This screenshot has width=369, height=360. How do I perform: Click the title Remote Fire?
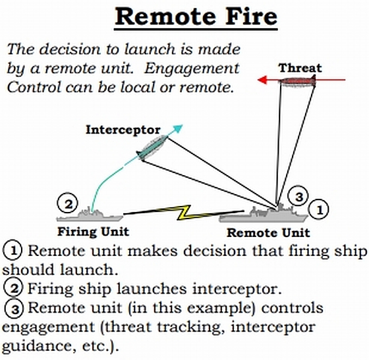tap(196, 16)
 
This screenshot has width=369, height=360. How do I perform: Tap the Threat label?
tap(300, 68)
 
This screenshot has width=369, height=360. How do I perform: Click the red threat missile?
tap(298, 82)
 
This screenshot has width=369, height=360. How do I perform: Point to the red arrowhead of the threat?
tap(262, 80)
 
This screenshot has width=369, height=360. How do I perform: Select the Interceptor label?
tap(123, 130)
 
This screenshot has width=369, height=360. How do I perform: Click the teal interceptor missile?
tap(152, 148)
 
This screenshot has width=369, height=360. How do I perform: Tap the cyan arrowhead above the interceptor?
tap(178, 128)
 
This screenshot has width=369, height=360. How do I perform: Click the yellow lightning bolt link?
tap(184, 213)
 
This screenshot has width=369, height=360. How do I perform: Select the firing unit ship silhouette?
tap(90, 215)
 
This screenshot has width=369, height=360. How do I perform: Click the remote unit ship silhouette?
tap(263, 214)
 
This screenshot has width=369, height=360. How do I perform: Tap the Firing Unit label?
tap(93, 232)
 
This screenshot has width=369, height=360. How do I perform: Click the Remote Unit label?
tap(268, 232)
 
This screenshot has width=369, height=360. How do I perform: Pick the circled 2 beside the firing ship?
tap(68, 203)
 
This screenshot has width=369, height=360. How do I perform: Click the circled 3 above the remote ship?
tap(298, 196)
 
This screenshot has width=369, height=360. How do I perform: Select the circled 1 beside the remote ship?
tap(319, 209)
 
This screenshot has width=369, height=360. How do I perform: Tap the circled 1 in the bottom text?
tap(13, 250)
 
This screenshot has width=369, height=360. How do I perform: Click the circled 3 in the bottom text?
tap(14, 308)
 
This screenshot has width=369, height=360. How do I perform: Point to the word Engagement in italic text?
tap(192, 68)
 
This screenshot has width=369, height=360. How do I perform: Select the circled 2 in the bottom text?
tap(13, 288)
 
